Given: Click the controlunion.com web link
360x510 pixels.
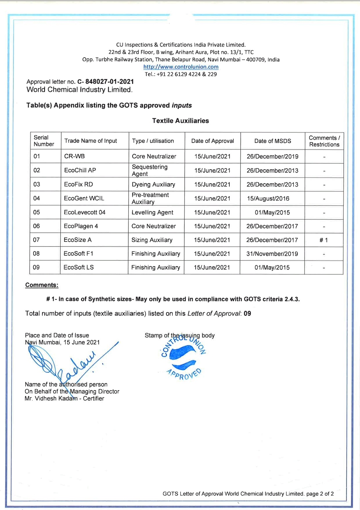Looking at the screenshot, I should pyautogui.click(x=181, y=67).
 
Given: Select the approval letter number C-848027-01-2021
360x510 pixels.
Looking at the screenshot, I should pyautogui.click(x=105, y=82).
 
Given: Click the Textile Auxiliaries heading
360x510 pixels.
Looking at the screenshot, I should pyautogui.click(x=180, y=121).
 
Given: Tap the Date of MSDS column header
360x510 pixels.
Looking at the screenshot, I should pyautogui.click(x=273, y=141).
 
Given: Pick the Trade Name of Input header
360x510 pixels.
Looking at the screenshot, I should pyautogui.click(x=91, y=141).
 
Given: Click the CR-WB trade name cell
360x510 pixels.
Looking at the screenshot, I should pyautogui.click(x=74, y=156).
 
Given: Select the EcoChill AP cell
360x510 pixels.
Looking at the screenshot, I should pyautogui.click(x=80, y=170).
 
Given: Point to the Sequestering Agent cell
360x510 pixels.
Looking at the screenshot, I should pyautogui.click(x=149, y=170).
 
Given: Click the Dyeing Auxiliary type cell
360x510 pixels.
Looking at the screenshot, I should pyautogui.click(x=153, y=184).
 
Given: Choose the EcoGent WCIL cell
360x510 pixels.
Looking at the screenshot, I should pyautogui.click(x=84, y=198).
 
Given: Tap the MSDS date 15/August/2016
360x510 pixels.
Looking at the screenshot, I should pyautogui.click(x=268, y=199).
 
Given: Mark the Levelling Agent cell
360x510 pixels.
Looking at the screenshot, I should pyautogui.click(x=152, y=212).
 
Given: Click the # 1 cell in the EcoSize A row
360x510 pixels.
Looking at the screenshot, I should pyautogui.click(x=324, y=240).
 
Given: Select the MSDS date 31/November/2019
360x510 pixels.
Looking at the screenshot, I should pyautogui.click(x=272, y=254).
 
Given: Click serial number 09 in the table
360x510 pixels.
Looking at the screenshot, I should pyautogui.click(x=36, y=267).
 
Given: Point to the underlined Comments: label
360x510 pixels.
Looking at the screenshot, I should pyautogui.click(x=42, y=285).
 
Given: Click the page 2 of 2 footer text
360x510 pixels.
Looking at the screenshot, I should pyautogui.click(x=320, y=494).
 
